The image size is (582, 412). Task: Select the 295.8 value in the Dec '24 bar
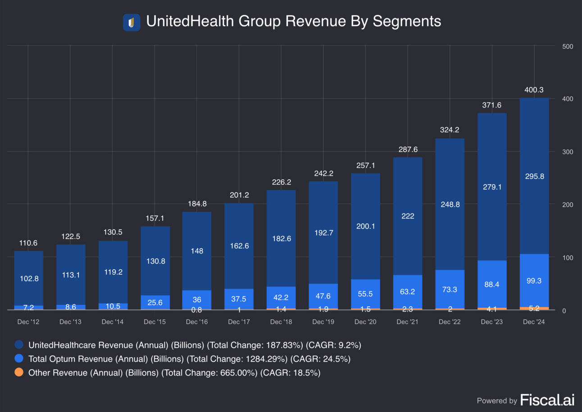click(534, 177)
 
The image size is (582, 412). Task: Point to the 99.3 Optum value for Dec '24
click(534, 281)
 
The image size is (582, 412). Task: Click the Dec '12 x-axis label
click(28, 322)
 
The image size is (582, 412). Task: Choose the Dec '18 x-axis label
click(281, 322)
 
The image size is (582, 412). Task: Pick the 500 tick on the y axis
click(568, 46)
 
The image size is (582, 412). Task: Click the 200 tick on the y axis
click(568, 205)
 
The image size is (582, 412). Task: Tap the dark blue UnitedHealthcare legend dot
click(19, 345)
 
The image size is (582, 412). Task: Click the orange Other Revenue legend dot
click(19, 373)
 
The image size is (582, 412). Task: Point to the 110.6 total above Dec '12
click(28, 243)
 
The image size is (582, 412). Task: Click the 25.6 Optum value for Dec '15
click(155, 302)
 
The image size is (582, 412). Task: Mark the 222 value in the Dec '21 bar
click(408, 216)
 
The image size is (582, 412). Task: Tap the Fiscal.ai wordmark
click(547, 400)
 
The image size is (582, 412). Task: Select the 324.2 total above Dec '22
click(450, 130)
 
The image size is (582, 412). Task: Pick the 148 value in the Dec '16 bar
click(197, 251)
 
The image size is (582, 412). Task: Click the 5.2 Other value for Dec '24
click(534, 309)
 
